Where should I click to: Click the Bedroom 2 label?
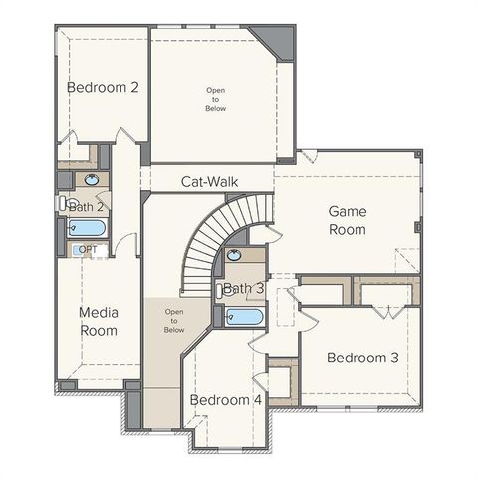click(x=103, y=87)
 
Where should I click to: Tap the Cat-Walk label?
click(x=208, y=182)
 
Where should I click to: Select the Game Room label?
click(x=348, y=220)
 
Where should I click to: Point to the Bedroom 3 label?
click(x=362, y=358)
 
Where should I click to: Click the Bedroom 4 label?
click(x=226, y=400)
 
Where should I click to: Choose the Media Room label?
click(x=99, y=321)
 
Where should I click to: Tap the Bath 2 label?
click(x=87, y=207)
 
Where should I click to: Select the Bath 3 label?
click(x=243, y=289)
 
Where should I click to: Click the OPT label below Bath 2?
click(x=88, y=249)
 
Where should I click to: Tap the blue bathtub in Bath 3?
click(x=244, y=317)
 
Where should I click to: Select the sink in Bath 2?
click(x=93, y=180)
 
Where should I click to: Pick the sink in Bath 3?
click(x=237, y=256)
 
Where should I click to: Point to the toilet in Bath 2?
click(x=63, y=203)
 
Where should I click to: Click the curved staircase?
click(x=203, y=249)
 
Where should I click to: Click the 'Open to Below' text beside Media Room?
click(x=174, y=321)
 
